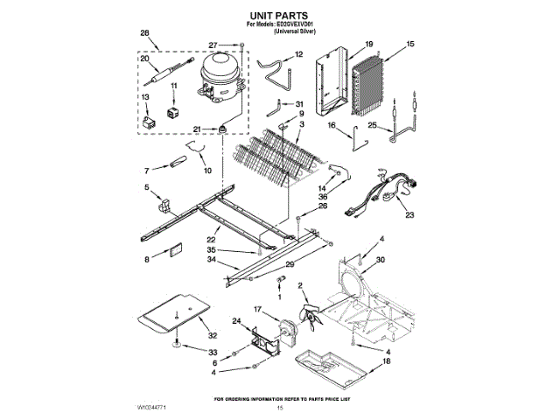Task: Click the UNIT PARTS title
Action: [x=280, y=14]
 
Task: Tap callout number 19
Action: [x=369, y=44]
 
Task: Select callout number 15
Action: [x=411, y=44]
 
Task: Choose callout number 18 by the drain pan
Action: [x=386, y=360]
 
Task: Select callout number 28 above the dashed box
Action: [x=144, y=33]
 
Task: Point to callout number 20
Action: [x=144, y=59]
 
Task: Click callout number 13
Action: [x=146, y=96]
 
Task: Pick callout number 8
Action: [x=146, y=259]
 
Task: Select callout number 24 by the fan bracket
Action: [x=236, y=321]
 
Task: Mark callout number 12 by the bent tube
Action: [x=298, y=54]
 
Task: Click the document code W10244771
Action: [x=151, y=408]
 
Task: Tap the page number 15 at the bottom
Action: [x=280, y=409]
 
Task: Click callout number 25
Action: [x=373, y=126]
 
